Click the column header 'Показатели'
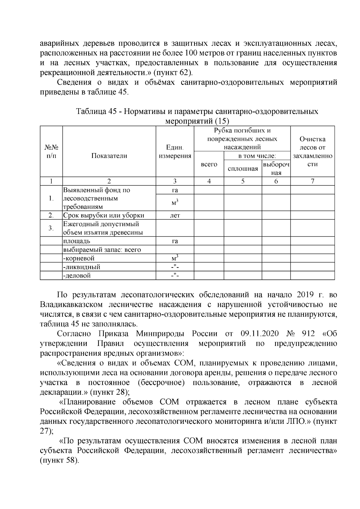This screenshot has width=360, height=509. click(109, 156)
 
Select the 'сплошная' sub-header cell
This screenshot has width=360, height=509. click(243, 169)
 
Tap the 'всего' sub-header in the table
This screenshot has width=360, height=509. click(209, 164)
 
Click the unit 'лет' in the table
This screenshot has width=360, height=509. click(175, 215)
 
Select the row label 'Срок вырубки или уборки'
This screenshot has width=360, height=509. click(103, 215)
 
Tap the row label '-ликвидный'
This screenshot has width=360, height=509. click(82, 267)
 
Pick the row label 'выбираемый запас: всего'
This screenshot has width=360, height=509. click(102, 250)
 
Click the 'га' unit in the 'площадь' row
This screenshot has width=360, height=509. click(175, 241)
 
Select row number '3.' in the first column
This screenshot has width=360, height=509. click(51, 228)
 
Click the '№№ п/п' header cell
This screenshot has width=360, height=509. click(51, 152)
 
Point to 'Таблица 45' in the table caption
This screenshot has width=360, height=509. click(96, 112)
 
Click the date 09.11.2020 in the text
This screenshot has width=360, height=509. click(260, 334)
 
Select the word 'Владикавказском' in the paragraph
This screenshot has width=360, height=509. click(70, 305)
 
